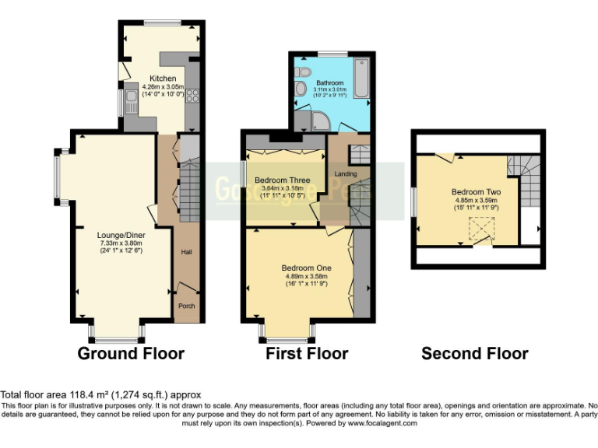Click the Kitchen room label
tap(163, 79)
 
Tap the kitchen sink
tap(132, 97)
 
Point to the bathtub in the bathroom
tap(361, 79)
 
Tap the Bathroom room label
tap(329, 82)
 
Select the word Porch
tap(187, 306)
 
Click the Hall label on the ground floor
tap(187, 252)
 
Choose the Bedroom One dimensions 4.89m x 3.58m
tap(306, 276)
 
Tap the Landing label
tap(345, 173)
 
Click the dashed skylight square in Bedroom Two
tap(480, 229)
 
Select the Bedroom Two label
tap(476, 191)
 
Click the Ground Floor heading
tap(131, 354)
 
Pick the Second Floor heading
tap(474, 354)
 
